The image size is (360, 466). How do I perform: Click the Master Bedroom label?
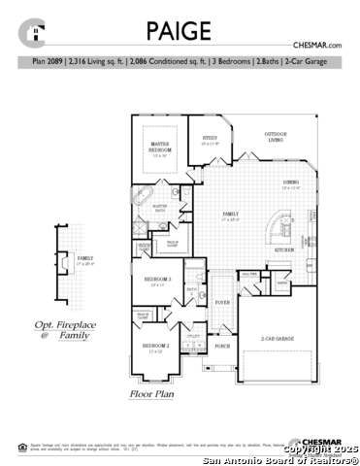tap(160, 149)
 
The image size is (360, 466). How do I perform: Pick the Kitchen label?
tap(284, 250)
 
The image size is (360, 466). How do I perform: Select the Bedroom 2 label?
tap(155, 346)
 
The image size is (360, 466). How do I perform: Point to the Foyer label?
tap(222, 302)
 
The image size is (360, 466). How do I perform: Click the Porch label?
tap(222, 346)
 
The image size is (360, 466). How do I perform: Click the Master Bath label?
tap(161, 206)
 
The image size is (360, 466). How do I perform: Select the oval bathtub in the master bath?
tap(143, 206)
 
